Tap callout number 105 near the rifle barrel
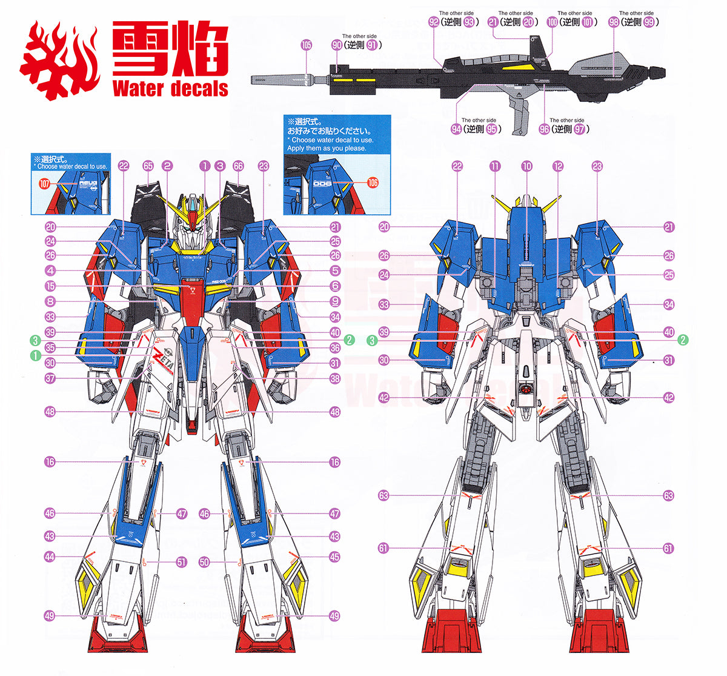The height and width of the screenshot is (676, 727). pyautogui.click(x=306, y=45)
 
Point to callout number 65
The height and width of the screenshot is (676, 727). pyautogui.click(x=148, y=166)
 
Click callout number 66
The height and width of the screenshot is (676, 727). pyautogui.click(x=237, y=166)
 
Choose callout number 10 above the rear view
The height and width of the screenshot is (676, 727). pyautogui.click(x=526, y=166)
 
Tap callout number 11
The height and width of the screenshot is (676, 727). pyautogui.click(x=495, y=166)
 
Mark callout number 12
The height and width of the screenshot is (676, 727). pyautogui.click(x=557, y=166)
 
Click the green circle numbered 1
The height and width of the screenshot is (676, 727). pyautogui.click(x=36, y=355)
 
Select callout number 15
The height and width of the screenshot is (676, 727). pyautogui.click(x=50, y=286)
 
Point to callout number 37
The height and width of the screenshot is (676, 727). pyautogui.click(x=50, y=378)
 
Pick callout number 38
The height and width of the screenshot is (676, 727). pyautogui.click(x=335, y=378)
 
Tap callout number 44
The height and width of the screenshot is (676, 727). pyautogui.click(x=50, y=557)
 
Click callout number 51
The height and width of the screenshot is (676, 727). pyautogui.click(x=182, y=562)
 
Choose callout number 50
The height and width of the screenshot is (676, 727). pyautogui.click(x=204, y=562)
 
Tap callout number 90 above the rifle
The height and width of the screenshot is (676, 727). pyautogui.click(x=337, y=45)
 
